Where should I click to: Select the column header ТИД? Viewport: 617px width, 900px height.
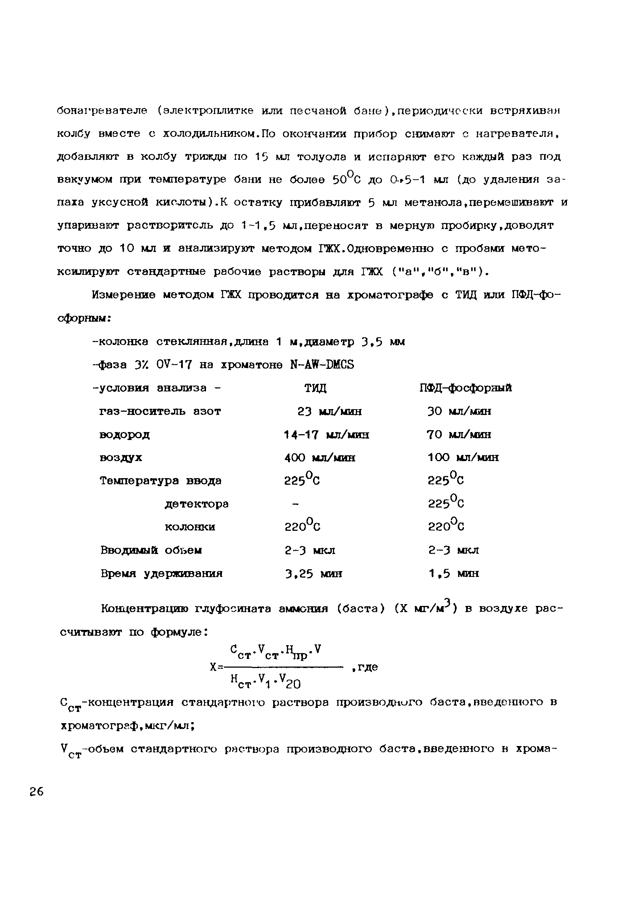316,388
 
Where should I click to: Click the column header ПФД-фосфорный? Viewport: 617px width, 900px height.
466,388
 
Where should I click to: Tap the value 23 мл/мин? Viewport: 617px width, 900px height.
330,411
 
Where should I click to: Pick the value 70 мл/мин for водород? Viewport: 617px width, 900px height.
459,435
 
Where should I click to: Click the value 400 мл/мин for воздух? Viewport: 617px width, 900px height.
320,458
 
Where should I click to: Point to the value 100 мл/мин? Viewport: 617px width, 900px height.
463,458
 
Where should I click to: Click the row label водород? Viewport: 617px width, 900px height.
124,435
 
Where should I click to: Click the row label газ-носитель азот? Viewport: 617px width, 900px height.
160,411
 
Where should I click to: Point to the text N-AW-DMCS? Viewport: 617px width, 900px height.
322,365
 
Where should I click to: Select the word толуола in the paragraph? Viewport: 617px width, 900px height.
321,157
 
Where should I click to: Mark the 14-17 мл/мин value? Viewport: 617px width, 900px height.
326,435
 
